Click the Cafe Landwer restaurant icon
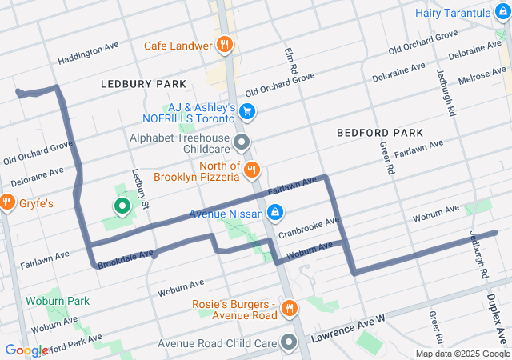point(226,46)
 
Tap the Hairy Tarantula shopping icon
point(499,13)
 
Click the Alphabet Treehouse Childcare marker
point(242,144)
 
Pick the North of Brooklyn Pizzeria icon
point(252,169)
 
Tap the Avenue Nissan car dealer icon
point(274,212)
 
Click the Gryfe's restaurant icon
point(8,203)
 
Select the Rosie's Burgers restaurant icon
point(290,307)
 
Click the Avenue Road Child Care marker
point(289,343)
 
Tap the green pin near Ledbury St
point(122,208)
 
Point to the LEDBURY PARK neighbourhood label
point(143,84)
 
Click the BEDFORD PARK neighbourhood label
point(379,132)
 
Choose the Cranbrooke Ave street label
point(310,227)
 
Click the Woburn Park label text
point(57,301)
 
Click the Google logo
point(26,350)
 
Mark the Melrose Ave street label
point(482,78)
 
